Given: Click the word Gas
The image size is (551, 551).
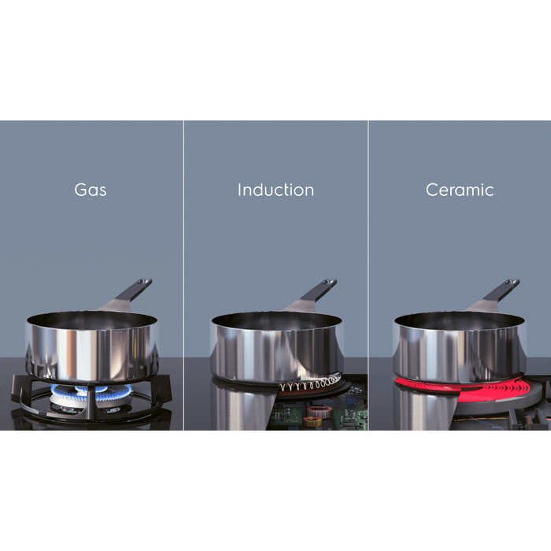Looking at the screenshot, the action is point(91,190).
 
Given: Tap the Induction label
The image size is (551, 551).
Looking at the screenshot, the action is point(275,190).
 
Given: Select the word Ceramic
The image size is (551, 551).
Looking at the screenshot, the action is point(460,190).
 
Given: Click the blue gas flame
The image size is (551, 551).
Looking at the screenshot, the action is point(92,393).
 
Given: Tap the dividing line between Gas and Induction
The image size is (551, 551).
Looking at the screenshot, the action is point(183,275).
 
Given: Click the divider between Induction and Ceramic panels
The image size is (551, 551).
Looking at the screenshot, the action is point(368,275).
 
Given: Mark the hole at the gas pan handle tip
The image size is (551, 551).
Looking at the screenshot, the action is point(144,282).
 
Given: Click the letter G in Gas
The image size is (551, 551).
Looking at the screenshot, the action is point(80,190).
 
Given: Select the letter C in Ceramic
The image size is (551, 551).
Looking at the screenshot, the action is point(432,190).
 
